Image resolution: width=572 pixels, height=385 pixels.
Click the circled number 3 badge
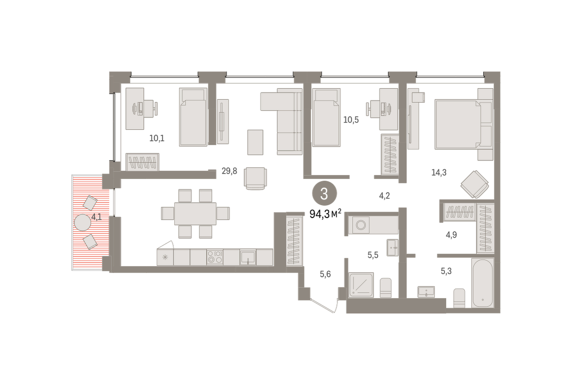[x=324, y=194]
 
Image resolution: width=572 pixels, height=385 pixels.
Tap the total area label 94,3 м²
[x=325, y=214]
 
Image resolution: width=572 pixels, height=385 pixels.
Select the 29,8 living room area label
[x=229, y=171]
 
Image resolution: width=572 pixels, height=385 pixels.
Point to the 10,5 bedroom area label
[x=351, y=120]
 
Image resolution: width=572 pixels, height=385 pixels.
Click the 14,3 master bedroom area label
[x=439, y=173]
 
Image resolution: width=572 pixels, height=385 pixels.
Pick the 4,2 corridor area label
[x=384, y=196]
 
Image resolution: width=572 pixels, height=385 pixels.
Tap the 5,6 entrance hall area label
[x=325, y=274]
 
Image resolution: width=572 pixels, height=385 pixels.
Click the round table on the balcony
[x=82, y=223]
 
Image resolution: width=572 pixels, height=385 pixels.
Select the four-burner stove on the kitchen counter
[x=215, y=257]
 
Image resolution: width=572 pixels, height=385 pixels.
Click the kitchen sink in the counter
[x=248, y=257]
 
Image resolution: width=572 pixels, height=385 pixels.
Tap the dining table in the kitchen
[x=195, y=214]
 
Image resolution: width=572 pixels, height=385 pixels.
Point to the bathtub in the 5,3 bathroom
[x=482, y=283]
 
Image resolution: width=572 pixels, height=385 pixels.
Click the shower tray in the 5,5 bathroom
[x=361, y=285]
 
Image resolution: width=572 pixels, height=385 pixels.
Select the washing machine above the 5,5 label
[x=361, y=225]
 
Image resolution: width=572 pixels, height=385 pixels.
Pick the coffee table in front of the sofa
[x=255, y=142]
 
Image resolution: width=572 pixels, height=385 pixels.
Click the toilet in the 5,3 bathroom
[x=459, y=298]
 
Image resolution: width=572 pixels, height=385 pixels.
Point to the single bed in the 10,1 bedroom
[x=193, y=117]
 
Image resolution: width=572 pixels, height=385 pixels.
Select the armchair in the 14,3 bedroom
[x=475, y=184]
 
